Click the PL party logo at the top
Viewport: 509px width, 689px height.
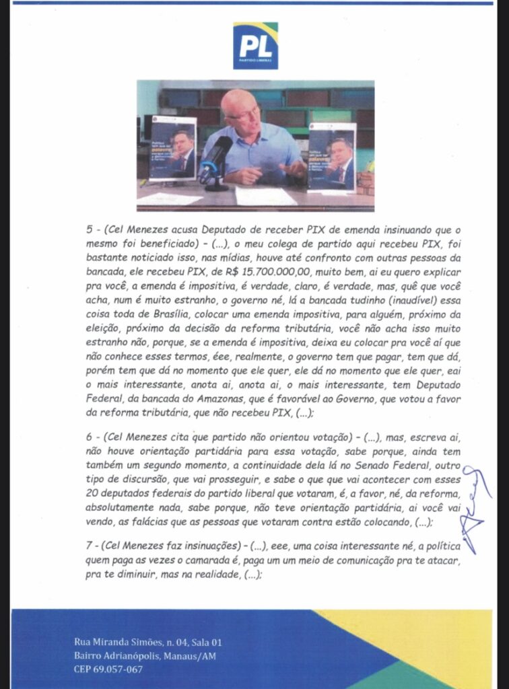(255, 45)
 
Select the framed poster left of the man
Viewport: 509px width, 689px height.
(172, 149)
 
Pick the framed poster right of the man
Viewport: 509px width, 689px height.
(331, 155)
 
